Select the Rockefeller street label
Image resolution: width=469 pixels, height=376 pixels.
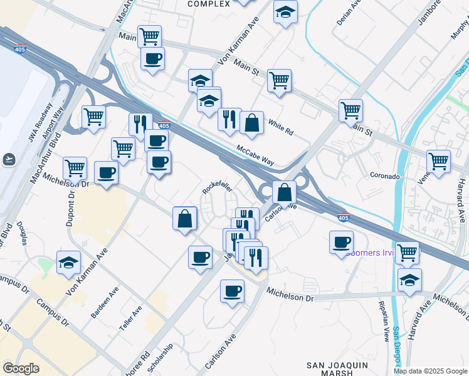tap(218, 188)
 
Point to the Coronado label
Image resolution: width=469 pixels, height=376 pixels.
tap(385, 176)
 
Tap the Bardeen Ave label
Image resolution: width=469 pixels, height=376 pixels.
tap(105, 303)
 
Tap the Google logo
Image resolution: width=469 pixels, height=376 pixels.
tap(21, 368)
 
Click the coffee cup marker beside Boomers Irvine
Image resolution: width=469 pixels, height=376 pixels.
tap(342, 241)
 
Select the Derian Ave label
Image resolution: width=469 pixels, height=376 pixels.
tap(349, 12)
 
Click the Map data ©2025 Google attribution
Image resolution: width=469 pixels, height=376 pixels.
tap(431, 371)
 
